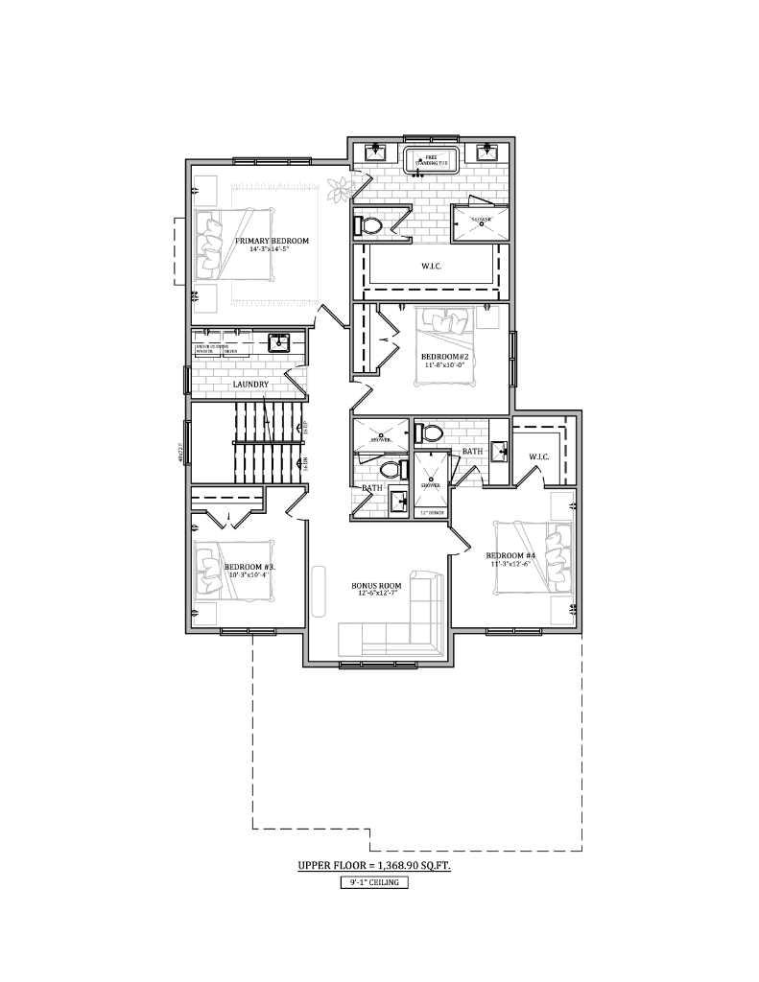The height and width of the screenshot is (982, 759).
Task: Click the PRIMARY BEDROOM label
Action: pos(273,241)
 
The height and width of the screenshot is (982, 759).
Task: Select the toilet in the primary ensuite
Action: pos(368,225)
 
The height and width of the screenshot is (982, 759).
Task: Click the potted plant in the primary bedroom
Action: pos(339,189)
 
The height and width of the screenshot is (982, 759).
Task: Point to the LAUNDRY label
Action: pos(250,385)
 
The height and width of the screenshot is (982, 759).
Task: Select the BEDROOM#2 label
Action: pos(444,357)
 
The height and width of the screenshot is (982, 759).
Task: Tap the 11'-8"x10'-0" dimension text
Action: pos(444,365)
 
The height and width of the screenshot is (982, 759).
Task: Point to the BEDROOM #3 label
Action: pos(249,567)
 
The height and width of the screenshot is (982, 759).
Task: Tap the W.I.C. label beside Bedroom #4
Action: pos(539,456)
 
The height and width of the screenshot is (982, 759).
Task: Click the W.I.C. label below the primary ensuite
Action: pos(431,265)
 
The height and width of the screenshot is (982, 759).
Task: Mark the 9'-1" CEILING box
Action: pos(374,883)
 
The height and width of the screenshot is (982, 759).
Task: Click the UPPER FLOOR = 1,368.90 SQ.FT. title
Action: pos(374,865)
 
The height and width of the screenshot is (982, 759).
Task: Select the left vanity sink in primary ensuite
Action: pos(375,152)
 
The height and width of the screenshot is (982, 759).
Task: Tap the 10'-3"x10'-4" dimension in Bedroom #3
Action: pos(249,575)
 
